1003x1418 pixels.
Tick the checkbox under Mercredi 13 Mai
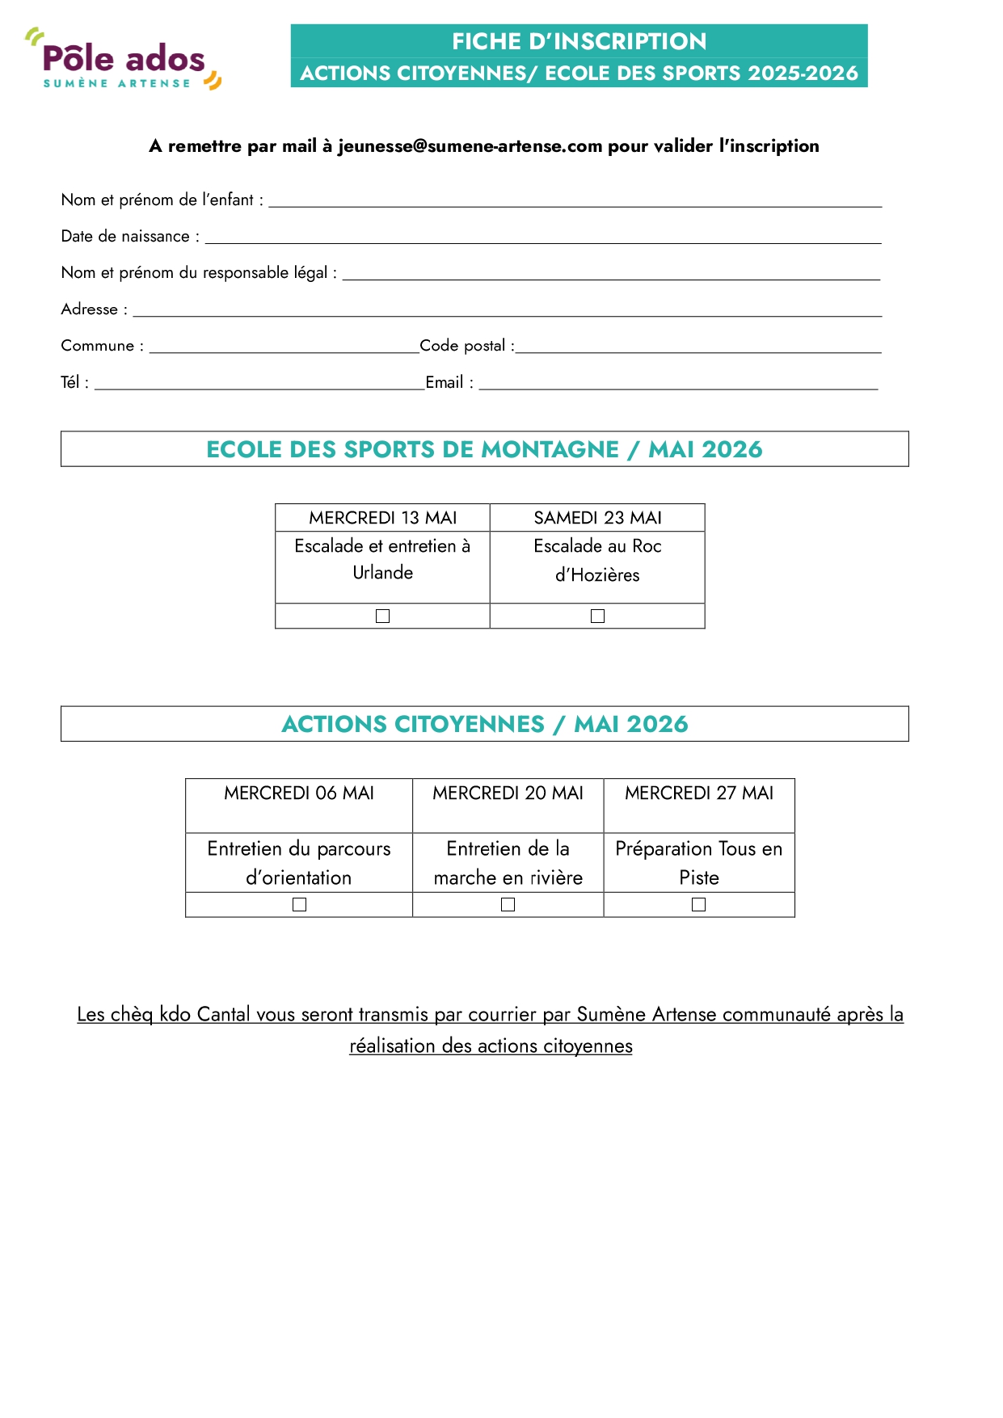(383, 616)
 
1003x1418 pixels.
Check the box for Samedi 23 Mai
(598, 616)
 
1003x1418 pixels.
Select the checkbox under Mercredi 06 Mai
(300, 905)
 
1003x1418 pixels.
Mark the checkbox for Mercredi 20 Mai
(508, 905)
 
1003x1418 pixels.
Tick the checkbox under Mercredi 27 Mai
(699, 905)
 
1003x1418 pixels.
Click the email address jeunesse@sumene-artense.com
(470, 146)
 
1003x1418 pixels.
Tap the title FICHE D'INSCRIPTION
(579, 41)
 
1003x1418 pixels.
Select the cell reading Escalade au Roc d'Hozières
(597, 561)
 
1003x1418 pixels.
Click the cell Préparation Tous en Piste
(699, 863)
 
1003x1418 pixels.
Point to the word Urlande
(383, 573)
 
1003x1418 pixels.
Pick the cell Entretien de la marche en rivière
(508, 863)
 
